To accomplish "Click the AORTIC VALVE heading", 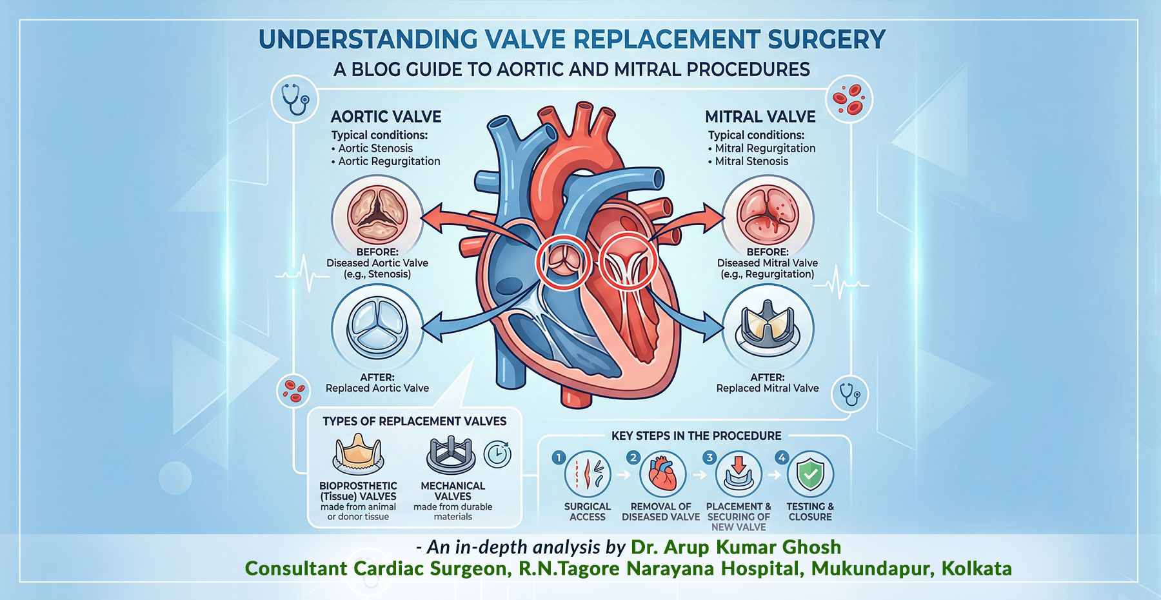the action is pyautogui.click(x=386, y=117).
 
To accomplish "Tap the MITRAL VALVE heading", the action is pyautogui.click(x=760, y=117).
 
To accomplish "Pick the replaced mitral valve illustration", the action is pyautogui.click(x=768, y=326).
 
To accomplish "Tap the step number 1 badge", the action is pyautogui.click(x=559, y=457).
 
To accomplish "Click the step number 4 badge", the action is pyautogui.click(x=782, y=457).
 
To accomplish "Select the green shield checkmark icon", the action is pyautogui.click(x=811, y=475).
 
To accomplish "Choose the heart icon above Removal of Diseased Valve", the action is pyautogui.click(x=662, y=474).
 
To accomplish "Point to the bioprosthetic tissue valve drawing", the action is pyautogui.click(x=359, y=454).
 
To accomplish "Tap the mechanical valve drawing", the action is pyautogui.click(x=451, y=455).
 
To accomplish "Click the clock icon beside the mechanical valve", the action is pyautogui.click(x=497, y=454).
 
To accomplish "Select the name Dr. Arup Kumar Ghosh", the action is pyautogui.click(x=736, y=547).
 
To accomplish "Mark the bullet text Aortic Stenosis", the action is pyautogui.click(x=375, y=148).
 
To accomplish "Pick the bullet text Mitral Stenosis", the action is pyautogui.click(x=751, y=161).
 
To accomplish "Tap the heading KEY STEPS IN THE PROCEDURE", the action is pyautogui.click(x=696, y=436).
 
